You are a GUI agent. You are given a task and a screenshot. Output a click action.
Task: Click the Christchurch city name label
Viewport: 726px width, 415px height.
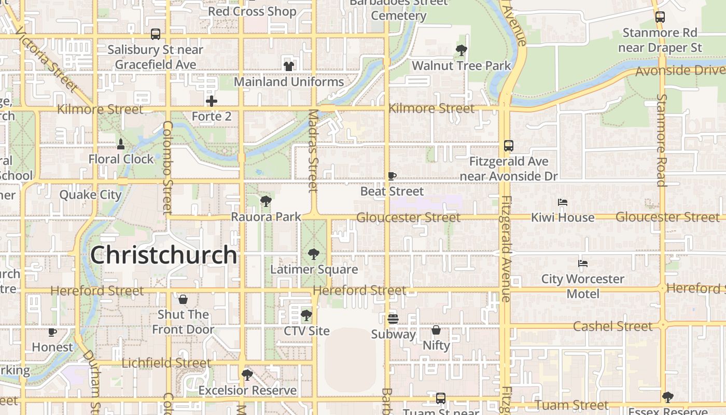[x=163, y=255]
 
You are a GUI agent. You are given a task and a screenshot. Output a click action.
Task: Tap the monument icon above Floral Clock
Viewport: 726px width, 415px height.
[x=121, y=144]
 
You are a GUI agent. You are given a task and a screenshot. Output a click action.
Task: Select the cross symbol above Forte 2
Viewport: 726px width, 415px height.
[x=211, y=101]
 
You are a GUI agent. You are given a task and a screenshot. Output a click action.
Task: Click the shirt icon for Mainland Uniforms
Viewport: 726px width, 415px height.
[x=288, y=66]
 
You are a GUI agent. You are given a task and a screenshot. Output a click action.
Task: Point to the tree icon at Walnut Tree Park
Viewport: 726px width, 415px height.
[x=461, y=50]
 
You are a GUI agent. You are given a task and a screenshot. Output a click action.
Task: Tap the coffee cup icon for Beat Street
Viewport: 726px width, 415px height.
[x=392, y=176]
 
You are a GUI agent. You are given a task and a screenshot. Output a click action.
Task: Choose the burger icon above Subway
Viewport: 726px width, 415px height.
[x=393, y=319]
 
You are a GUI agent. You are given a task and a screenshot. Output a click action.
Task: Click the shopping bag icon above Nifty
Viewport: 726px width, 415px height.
[x=436, y=330]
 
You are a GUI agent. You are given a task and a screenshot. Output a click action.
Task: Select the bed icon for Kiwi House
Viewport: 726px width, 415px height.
[x=563, y=202]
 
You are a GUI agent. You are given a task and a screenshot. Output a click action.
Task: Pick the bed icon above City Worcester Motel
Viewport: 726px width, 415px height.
[x=583, y=264]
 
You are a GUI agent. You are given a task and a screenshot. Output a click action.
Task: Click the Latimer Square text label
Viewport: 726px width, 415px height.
[x=314, y=269]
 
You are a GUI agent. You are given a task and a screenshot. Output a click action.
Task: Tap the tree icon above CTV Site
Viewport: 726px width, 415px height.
[x=306, y=315]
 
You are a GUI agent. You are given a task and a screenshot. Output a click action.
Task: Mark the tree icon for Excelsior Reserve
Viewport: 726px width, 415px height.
[x=247, y=375]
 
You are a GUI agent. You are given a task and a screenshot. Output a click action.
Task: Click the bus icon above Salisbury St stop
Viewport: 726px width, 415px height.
[x=155, y=34]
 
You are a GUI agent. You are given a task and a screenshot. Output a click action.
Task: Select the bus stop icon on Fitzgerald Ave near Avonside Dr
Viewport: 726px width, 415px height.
[x=508, y=146]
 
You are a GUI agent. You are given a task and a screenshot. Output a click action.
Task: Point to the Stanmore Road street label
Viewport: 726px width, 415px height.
[x=661, y=140]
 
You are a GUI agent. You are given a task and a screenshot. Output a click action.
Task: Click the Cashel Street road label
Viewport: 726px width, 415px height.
[x=612, y=326]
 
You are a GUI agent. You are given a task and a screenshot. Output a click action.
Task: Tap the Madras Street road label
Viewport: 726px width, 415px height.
[x=313, y=150]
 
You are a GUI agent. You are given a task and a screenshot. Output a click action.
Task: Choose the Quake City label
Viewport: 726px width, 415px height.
[x=90, y=195]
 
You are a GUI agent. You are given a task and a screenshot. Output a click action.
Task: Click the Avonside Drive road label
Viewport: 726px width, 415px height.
[x=679, y=70]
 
